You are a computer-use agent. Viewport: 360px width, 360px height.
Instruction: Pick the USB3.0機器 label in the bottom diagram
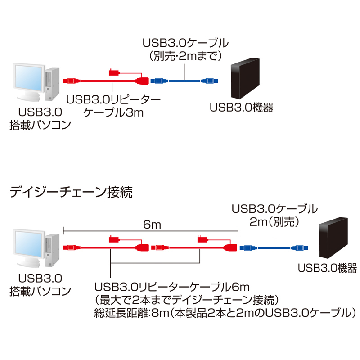328,268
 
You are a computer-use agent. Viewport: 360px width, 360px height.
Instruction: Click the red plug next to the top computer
70,81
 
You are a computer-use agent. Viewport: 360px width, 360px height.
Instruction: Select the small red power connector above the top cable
113,72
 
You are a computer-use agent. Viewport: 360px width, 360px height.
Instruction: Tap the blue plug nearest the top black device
210,81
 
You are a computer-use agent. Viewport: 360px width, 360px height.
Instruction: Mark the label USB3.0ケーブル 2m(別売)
274,215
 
